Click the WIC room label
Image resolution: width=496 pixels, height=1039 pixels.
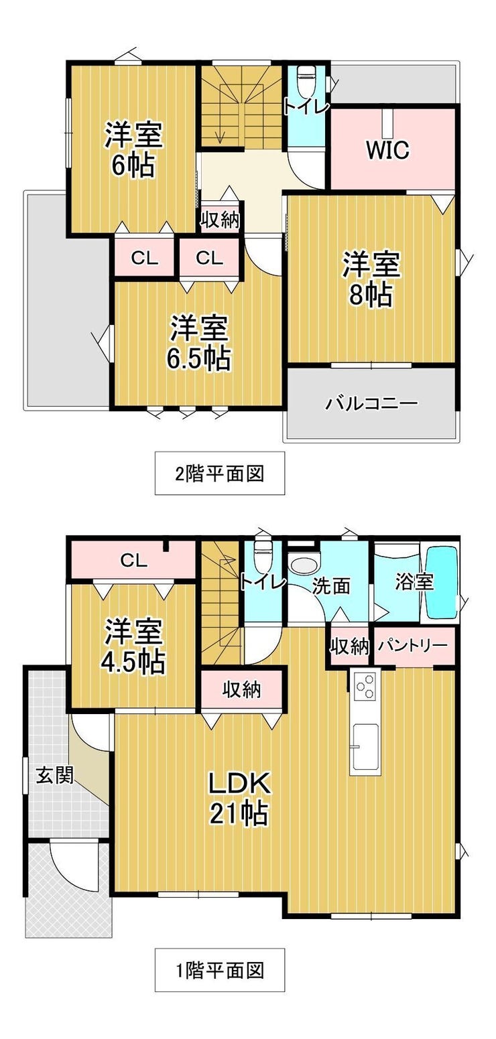[x=387, y=150]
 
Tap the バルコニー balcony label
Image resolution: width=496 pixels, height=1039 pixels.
[x=371, y=403]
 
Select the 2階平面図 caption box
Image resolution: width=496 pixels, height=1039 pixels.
[x=219, y=473]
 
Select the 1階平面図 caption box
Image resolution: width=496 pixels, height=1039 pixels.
[x=219, y=1008]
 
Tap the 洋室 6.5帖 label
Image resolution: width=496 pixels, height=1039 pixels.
[x=199, y=342]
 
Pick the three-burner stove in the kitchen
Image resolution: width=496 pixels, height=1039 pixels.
[x=364, y=685]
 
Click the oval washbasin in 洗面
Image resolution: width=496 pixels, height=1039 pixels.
[x=304, y=565]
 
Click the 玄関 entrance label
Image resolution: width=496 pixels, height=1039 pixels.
[x=55, y=775]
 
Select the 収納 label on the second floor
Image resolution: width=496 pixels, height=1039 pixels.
[x=219, y=220]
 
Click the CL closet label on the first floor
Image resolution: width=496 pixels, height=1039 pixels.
[x=134, y=561]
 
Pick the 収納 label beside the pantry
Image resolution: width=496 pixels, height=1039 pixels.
[x=349, y=646]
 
